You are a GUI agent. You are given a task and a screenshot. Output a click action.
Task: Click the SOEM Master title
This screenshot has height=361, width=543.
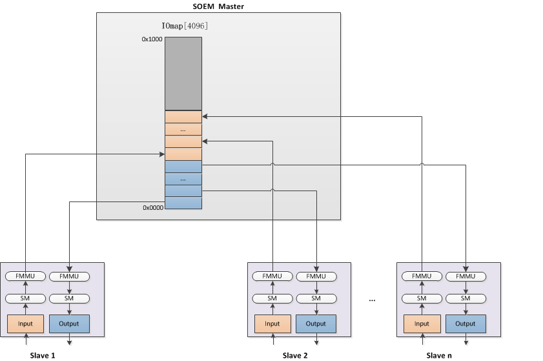(x=218, y=6)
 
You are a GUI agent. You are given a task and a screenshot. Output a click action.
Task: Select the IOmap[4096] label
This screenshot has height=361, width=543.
(x=184, y=26)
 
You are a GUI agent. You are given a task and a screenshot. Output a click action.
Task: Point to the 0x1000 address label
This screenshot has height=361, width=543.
(x=152, y=39)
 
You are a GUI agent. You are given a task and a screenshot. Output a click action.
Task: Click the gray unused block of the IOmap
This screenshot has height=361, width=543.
(x=183, y=74)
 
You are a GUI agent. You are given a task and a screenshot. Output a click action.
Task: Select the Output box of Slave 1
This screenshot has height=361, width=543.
(x=69, y=324)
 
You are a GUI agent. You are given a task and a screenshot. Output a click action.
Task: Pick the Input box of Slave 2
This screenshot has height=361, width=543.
(x=272, y=324)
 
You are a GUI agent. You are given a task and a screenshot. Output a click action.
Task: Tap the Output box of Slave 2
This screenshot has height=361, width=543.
(x=316, y=324)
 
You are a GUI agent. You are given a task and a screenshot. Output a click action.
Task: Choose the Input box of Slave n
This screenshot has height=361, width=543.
(x=422, y=324)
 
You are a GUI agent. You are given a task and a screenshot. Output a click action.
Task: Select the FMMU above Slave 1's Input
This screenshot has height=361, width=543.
(x=25, y=276)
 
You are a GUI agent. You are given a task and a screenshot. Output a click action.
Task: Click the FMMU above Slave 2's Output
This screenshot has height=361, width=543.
(x=316, y=276)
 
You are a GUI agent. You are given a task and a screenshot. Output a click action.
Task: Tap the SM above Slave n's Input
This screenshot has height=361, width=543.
(x=422, y=298)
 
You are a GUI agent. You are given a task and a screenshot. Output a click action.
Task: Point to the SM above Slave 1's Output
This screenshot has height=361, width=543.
(x=69, y=298)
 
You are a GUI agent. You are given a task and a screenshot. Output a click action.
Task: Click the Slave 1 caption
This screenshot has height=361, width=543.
(x=43, y=355)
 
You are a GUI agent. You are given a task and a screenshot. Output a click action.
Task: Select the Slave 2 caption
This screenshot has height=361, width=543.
(x=295, y=355)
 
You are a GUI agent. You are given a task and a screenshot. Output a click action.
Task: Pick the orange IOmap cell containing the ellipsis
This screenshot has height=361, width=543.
(x=183, y=129)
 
